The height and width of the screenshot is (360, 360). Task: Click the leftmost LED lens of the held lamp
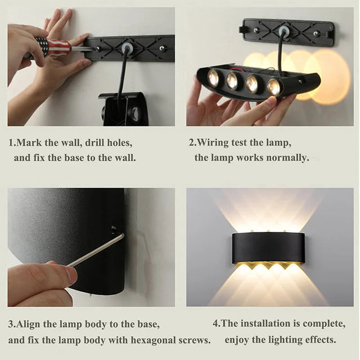coord(213,78)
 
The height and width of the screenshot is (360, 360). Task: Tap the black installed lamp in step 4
coord(269,248)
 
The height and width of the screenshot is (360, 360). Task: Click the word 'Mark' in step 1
coord(28,143)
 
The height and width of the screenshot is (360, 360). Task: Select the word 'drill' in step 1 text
coord(92,143)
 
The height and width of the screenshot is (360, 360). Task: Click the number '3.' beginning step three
coord(12,324)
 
